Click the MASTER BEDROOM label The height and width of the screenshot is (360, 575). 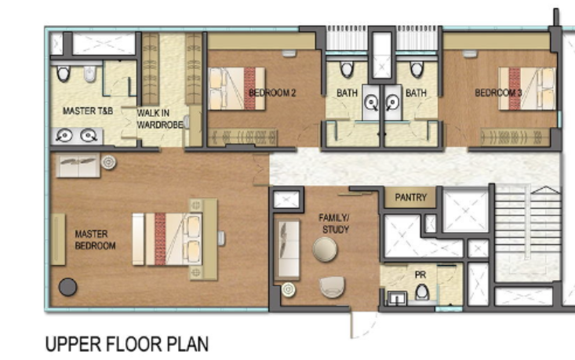tap(95, 239)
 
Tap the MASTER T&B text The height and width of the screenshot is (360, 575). tap(88, 111)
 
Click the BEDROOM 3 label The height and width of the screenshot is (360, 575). tap(497, 93)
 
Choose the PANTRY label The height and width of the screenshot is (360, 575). tap(411, 198)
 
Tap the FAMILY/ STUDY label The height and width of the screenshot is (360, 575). tap(333, 223)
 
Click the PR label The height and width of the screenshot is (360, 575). tap(420, 275)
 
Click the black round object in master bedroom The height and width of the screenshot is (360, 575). tap(67, 287)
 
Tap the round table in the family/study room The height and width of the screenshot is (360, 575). tap(325, 249)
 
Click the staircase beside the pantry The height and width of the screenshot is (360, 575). tap(526, 235)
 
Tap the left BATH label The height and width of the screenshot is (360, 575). tap(348, 93)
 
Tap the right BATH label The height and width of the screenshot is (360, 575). tap(416, 93)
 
